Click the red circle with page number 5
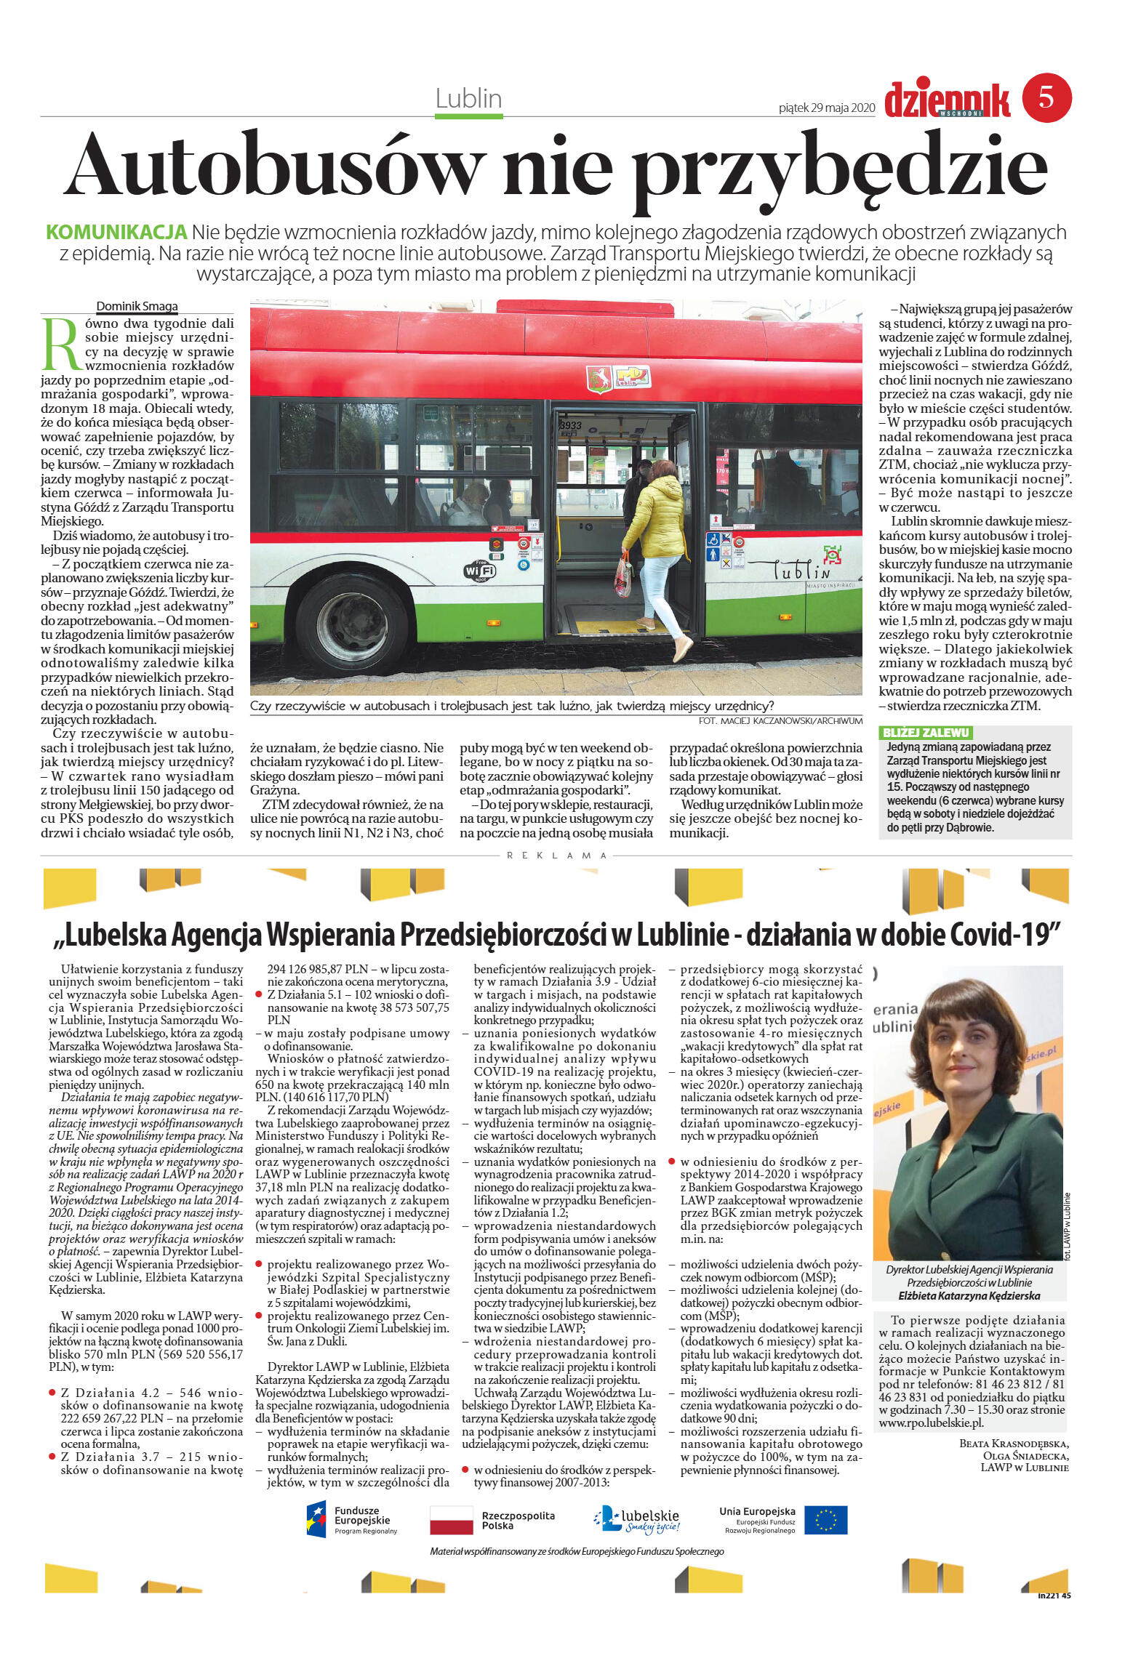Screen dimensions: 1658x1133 tap(1046, 97)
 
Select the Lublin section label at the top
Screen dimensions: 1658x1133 tap(468, 98)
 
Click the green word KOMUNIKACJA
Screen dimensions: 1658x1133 tap(116, 233)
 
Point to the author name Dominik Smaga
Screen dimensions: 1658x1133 tap(137, 306)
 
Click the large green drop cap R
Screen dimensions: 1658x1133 tap(61, 345)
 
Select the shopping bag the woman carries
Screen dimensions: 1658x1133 tap(624, 575)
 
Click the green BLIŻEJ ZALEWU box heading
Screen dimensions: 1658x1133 tap(925, 733)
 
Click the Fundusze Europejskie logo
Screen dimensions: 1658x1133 tap(352, 1520)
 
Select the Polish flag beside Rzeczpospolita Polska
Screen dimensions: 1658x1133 tap(451, 1520)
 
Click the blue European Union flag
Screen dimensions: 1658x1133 tap(825, 1520)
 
